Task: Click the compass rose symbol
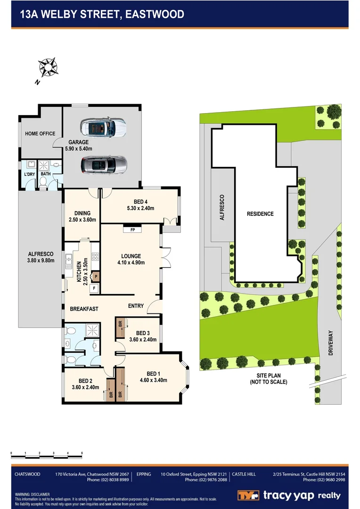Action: [x=48, y=67]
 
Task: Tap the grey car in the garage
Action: [x=104, y=165]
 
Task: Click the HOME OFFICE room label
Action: [x=40, y=134]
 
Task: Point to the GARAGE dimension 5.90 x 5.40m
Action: [x=82, y=149]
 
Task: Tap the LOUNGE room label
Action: [x=131, y=256]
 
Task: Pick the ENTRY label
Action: [x=136, y=306]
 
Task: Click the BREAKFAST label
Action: [x=84, y=309]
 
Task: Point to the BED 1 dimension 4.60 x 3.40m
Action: [x=154, y=380]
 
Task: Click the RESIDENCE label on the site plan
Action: [x=260, y=214]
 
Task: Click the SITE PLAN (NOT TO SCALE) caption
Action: [x=269, y=379]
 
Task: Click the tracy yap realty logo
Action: [x=288, y=495]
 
